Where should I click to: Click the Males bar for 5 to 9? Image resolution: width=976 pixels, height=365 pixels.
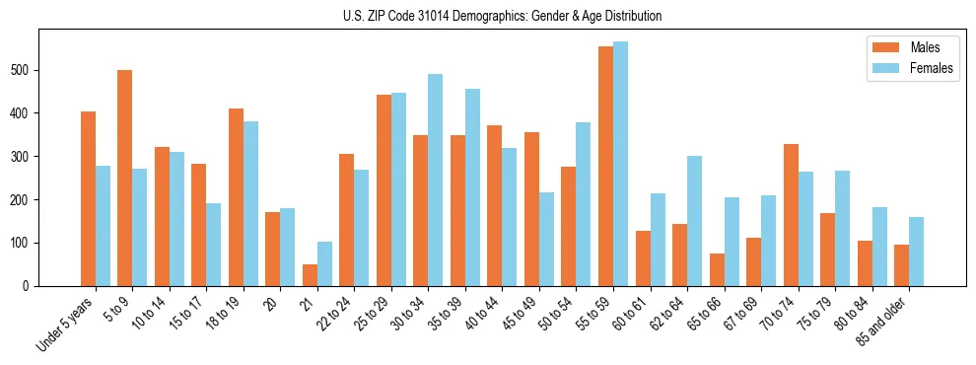pos(125,178)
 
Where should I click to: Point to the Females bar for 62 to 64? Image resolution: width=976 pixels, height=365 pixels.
pos(695,221)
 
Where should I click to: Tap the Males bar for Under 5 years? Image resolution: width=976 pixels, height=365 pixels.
pos(88,198)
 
